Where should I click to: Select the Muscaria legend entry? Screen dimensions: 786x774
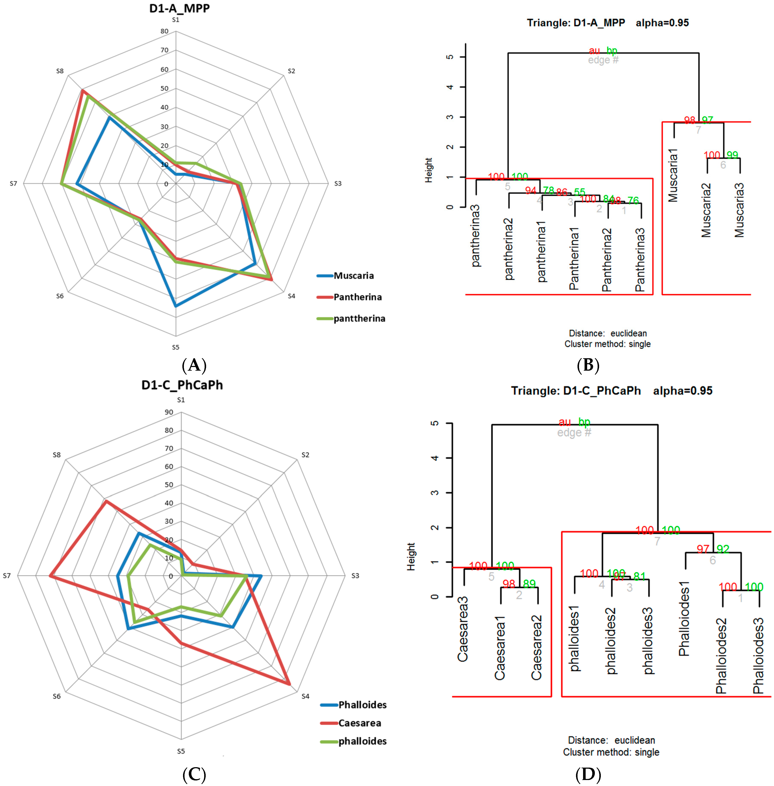tap(353, 276)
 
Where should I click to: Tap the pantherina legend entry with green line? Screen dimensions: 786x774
tap(359, 318)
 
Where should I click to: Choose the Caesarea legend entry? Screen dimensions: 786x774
tap(359, 723)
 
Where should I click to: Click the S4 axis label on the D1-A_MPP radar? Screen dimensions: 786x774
tap(291, 296)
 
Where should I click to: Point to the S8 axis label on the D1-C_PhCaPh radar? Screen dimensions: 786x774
tap(56, 455)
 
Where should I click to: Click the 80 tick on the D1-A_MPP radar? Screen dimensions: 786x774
tap(164, 31)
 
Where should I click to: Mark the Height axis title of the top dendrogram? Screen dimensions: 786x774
tap(428, 170)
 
